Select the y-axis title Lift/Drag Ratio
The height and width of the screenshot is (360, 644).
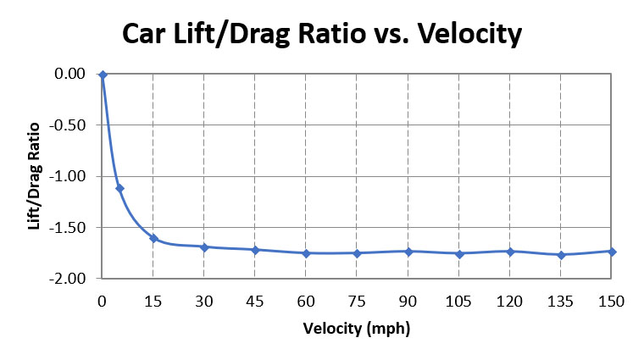pyautogui.click(x=35, y=175)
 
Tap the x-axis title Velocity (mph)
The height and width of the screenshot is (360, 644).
pyautogui.click(x=357, y=328)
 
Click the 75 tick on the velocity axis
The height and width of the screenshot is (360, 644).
pyautogui.click(x=357, y=301)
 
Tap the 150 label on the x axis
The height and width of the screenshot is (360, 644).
pyautogui.click(x=612, y=301)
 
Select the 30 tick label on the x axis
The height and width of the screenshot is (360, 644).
pyautogui.click(x=204, y=301)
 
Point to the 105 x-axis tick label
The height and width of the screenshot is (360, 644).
pyautogui.click(x=458, y=301)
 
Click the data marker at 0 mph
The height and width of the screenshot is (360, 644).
pyautogui.click(x=103, y=75)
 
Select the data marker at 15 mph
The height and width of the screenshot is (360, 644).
pyautogui.click(x=153, y=238)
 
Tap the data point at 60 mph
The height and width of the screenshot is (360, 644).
pyautogui.click(x=306, y=253)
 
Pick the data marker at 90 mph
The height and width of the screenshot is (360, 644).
pyautogui.click(x=408, y=252)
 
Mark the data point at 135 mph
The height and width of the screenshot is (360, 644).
pyautogui.click(x=561, y=255)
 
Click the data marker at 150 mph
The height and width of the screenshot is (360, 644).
pyautogui.click(x=612, y=252)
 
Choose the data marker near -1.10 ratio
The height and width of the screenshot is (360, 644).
pyautogui.click(x=119, y=188)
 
